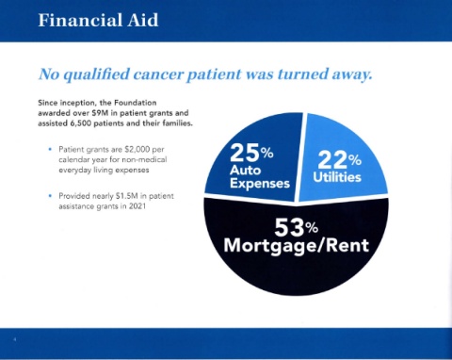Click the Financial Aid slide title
[98, 21]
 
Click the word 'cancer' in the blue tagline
[158, 74]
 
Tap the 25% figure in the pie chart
[251, 153]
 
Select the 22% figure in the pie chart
[340, 160]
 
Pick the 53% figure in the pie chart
[296, 227]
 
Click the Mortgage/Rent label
[297, 246]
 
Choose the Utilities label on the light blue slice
[337, 177]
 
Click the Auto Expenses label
[260, 177]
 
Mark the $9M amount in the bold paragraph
[101, 113]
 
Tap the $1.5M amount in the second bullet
[127, 196]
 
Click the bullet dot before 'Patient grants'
[50, 149]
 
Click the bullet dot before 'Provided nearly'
[50, 196]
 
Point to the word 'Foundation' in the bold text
[135, 103]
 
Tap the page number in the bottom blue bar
[14, 339]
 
